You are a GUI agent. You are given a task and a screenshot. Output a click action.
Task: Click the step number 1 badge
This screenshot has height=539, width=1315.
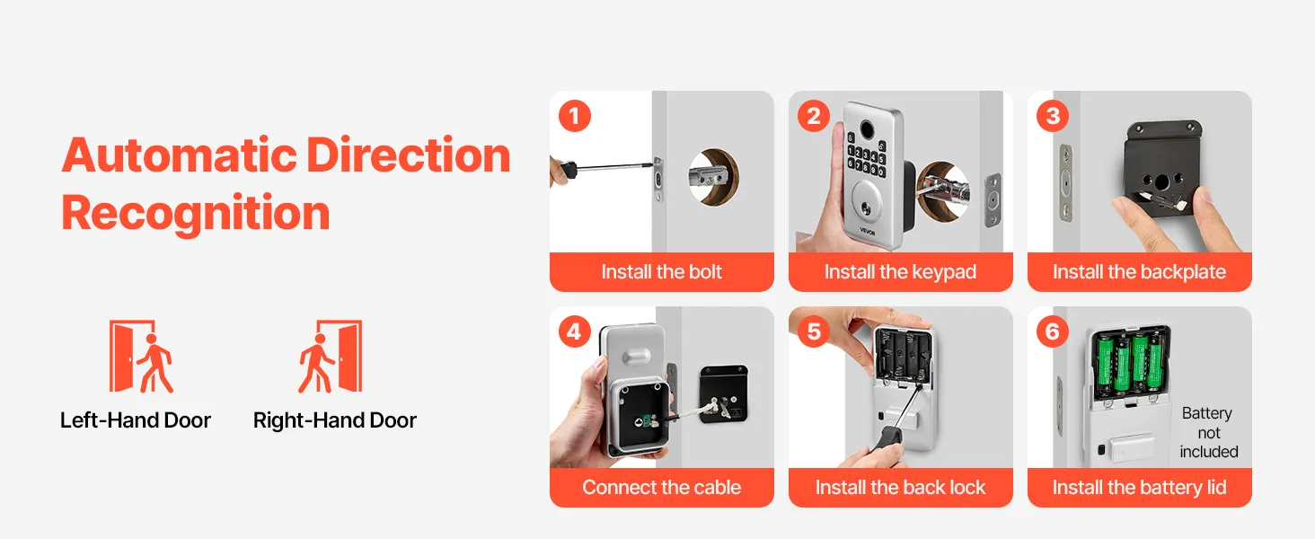pyautogui.click(x=574, y=116)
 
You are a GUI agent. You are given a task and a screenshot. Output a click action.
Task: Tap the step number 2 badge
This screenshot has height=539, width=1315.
pyautogui.click(x=813, y=116)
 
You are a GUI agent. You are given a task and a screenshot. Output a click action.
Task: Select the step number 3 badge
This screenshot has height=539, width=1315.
pyautogui.click(x=1053, y=116)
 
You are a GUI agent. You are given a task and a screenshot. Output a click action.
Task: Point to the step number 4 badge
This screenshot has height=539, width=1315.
pyautogui.click(x=574, y=331)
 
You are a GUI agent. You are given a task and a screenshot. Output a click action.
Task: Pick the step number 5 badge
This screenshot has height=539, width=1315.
pyautogui.click(x=813, y=331)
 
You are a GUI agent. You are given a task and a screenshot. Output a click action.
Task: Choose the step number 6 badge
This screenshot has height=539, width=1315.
pyautogui.click(x=1053, y=331)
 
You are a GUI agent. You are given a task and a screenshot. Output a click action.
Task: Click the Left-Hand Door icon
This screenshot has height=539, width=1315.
pyautogui.click(x=141, y=356)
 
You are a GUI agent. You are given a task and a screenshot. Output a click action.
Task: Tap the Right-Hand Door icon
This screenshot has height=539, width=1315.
pyautogui.click(x=330, y=356)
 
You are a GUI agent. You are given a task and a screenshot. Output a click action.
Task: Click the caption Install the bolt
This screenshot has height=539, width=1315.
pyautogui.click(x=662, y=272)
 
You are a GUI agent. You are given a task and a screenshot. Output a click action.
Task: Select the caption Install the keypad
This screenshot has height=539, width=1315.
pyautogui.click(x=901, y=272)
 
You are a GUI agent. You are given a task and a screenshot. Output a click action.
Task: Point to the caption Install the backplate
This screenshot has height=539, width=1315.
pyautogui.click(x=1140, y=272)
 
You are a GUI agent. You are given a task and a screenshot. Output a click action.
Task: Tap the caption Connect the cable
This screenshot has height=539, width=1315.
pyautogui.click(x=662, y=487)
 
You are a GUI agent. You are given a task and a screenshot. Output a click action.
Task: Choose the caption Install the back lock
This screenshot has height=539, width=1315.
pyautogui.click(x=901, y=487)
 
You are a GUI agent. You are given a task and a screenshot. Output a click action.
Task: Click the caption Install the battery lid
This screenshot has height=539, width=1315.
pyautogui.click(x=1140, y=488)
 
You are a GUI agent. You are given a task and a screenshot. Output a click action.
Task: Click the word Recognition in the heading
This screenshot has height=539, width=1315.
pyautogui.click(x=196, y=214)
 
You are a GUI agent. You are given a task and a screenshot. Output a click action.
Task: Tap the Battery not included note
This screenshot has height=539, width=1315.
pyautogui.click(x=1209, y=433)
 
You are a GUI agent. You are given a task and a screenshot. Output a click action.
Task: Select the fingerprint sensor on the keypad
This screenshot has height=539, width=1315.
pyautogui.click(x=866, y=128)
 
